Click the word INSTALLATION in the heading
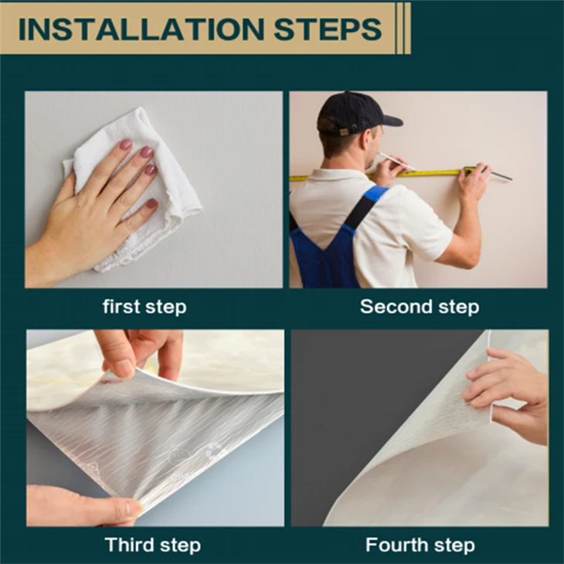pos(141,29)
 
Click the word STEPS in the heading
pos(328,29)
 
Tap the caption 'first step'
pos(144,307)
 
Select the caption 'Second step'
pos(420,307)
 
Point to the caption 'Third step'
pos(152,545)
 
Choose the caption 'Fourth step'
pos(420,545)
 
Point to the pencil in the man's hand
pos(396,161)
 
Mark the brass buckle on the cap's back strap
pos(345,131)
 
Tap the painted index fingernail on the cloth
pos(125,144)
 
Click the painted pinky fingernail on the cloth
pos(152,204)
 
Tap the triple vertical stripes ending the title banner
pos(403,28)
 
